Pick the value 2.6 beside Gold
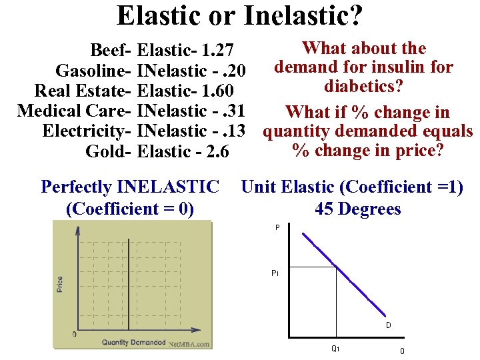(x=214, y=152)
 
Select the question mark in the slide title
(x=356, y=16)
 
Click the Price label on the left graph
(x=60, y=285)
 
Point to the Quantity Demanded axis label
(x=133, y=343)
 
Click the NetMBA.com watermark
(x=189, y=345)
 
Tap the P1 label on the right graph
(x=275, y=273)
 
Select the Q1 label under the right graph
(x=335, y=348)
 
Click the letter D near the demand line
(x=387, y=326)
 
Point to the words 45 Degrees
(x=358, y=209)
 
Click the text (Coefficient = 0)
(x=130, y=209)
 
